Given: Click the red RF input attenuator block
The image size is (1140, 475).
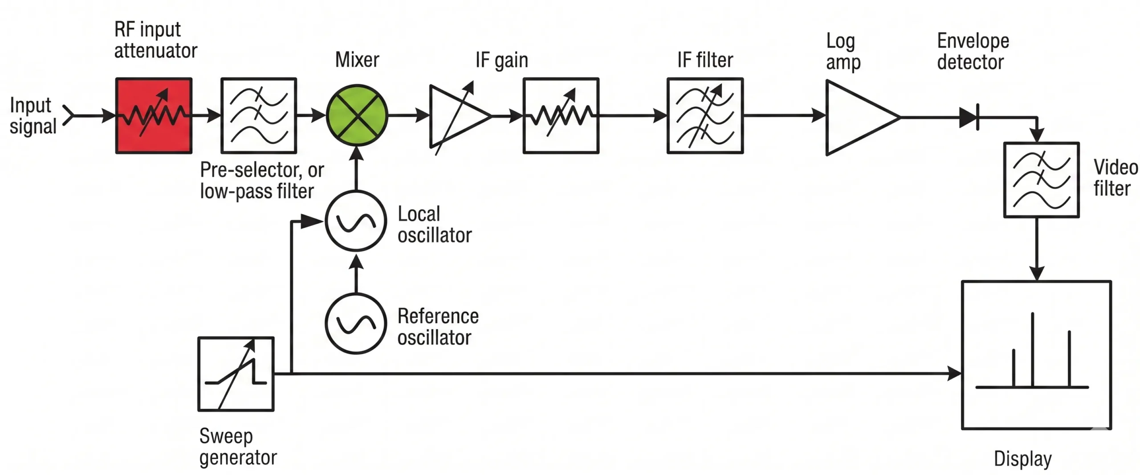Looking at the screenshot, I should point(154,116).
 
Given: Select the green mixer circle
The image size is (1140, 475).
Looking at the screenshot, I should point(357,116).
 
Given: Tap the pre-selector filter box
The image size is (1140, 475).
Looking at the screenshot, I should point(259,116).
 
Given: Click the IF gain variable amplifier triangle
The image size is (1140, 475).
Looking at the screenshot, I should point(456,117).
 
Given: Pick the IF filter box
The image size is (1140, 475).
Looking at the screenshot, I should point(705,116).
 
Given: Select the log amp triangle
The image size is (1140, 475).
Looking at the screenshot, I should point(855,117).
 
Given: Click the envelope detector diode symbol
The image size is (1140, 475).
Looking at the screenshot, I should point(969,117).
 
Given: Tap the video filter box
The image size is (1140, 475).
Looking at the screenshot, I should point(1041,180).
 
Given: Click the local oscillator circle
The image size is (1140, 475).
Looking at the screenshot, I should point(356,221).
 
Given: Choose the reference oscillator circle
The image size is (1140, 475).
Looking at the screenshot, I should point(356,323).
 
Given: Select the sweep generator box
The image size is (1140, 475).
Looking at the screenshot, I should point(236,374).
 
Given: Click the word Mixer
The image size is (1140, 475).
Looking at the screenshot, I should point(357,60).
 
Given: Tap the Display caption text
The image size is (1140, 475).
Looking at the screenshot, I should point(1023,458).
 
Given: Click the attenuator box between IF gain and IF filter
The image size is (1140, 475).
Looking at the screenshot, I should point(561,116).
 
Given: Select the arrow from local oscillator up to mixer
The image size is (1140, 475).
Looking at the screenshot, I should point(356,169).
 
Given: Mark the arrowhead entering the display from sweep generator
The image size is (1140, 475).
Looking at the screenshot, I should point(954,374).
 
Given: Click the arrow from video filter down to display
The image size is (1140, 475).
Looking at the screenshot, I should point(1037,249).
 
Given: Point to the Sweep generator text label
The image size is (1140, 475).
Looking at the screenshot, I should point(238,447).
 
